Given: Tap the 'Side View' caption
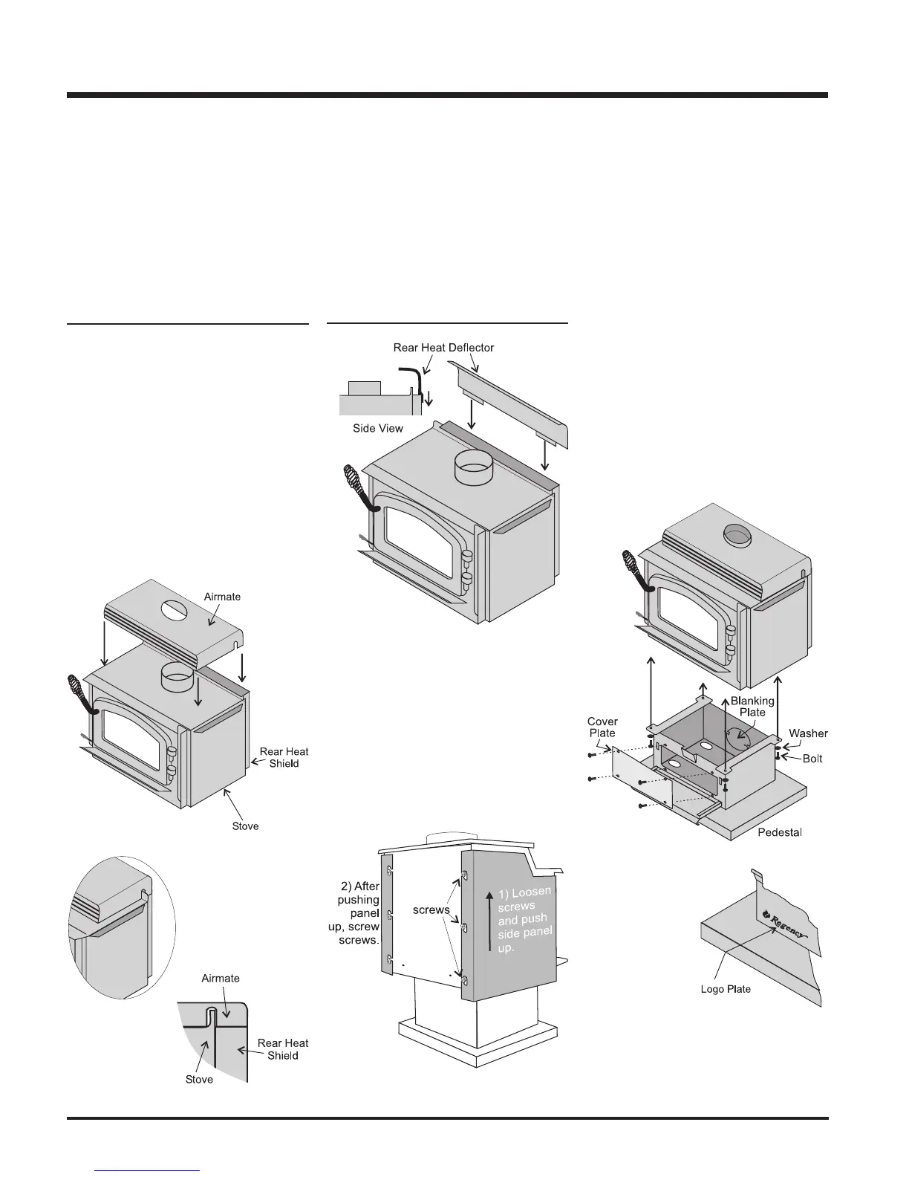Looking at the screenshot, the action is point(378,429).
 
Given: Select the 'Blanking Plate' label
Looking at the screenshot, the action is point(752,707).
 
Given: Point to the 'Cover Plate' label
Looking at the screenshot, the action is point(602,727).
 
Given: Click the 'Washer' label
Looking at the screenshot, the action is point(808,733).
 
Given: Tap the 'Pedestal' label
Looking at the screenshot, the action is point(779,831).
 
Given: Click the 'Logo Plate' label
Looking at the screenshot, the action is point(726,989).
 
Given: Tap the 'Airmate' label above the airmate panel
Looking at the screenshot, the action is point(223,597).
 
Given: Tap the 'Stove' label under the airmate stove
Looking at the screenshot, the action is point(245,826).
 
